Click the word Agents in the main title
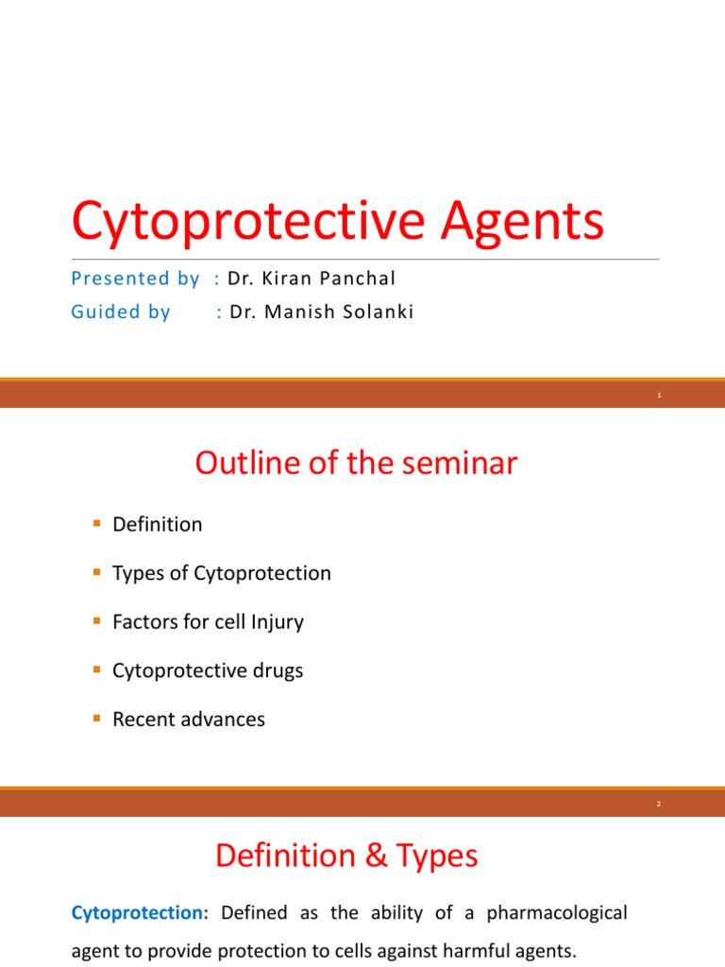coord(524,222)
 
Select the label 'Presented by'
coord(135,279)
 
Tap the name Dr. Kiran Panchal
coord(312,279)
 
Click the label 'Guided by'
coord(121,313)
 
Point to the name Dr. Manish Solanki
coord(322,313)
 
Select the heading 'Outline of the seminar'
coord(356,464)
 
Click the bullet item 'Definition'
coord(157,524)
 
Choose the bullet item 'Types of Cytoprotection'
coord(222,573)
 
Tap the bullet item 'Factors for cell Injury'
coord(208,622)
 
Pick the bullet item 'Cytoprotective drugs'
coord(208,670)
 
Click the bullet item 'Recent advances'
coord(189,720)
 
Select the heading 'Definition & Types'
coord(346,857)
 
